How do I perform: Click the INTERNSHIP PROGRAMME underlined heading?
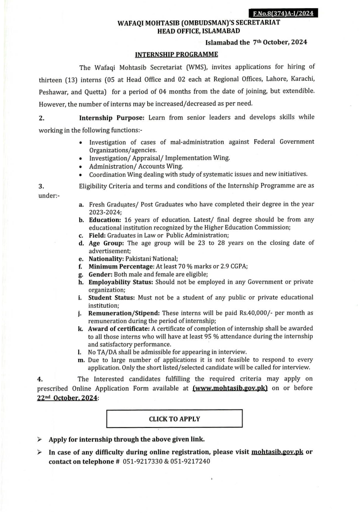[x=176, y=54]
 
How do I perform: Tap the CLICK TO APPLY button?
[x=174, y=419]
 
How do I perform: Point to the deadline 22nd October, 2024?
[x=67, y=398]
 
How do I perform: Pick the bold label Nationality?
[x=106, y=259]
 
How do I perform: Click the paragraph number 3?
[x=41, y=186]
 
